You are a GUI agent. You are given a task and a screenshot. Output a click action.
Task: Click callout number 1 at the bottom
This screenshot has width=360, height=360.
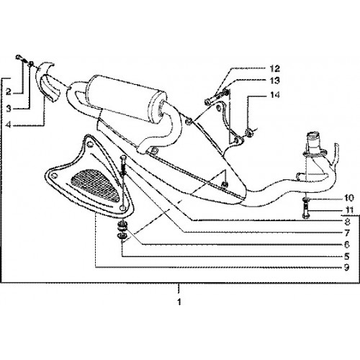[x=179, y=302]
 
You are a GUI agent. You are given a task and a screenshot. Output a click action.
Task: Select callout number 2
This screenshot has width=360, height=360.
[x=9, y=91]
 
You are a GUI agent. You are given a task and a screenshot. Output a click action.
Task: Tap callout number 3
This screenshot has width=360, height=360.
[x=9, y=109]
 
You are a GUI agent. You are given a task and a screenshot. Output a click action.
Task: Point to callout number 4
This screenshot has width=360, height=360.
[x=9, y=125]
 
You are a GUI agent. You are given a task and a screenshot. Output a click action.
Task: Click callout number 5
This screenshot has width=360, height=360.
[x=346, y=256]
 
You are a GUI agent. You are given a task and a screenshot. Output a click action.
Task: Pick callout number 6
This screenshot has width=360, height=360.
[x=346, y=245]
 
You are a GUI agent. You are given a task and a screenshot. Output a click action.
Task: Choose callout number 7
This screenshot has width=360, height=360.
[x=347, y=233]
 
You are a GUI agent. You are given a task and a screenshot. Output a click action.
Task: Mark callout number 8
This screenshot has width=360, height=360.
[x=347, y=222]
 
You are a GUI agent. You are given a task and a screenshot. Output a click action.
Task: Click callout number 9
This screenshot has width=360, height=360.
[x=346, y=267]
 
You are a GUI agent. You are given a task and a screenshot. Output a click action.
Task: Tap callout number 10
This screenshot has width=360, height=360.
[x=349, y=198]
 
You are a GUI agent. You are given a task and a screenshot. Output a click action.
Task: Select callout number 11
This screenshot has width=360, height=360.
[x=349, y=210]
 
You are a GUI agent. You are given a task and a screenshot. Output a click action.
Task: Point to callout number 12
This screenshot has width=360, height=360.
[x=275, y=68]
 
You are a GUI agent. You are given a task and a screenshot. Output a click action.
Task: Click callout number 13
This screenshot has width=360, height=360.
[x=275, y=81]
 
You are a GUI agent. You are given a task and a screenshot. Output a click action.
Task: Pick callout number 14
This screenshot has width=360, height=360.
[x=275, y=95]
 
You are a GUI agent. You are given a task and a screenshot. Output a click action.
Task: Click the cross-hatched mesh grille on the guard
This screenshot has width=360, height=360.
[x=96, y=184]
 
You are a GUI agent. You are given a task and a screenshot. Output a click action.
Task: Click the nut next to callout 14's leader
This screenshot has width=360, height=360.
[x=249, y=132]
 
